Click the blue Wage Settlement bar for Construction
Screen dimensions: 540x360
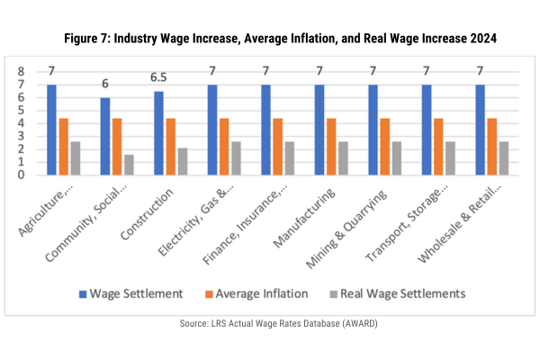coord(158,133)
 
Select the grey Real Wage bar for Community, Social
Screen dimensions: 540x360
coord(129,165)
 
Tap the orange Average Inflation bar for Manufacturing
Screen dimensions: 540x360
coord(331,147)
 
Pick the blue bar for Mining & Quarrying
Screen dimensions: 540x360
coord(373,130)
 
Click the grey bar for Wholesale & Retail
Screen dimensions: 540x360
coord(504,158)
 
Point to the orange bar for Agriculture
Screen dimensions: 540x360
coord(64,147)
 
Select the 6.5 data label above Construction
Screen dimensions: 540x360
coord(158,77)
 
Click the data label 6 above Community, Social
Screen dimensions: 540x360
coord(105,84)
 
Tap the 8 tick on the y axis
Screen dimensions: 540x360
coord(22,72)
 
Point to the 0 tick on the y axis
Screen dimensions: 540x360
coord(22,175)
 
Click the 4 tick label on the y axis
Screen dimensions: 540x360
coord(22,123)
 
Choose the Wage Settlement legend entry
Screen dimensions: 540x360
coord(131,294)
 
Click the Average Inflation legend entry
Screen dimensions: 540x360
coord(256,294)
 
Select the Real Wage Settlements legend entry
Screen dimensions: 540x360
coord(398,294)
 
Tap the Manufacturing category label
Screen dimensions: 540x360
coord(304,218)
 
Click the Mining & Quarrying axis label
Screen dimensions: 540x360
coord(346,229)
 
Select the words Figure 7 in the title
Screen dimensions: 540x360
coord(86,38)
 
